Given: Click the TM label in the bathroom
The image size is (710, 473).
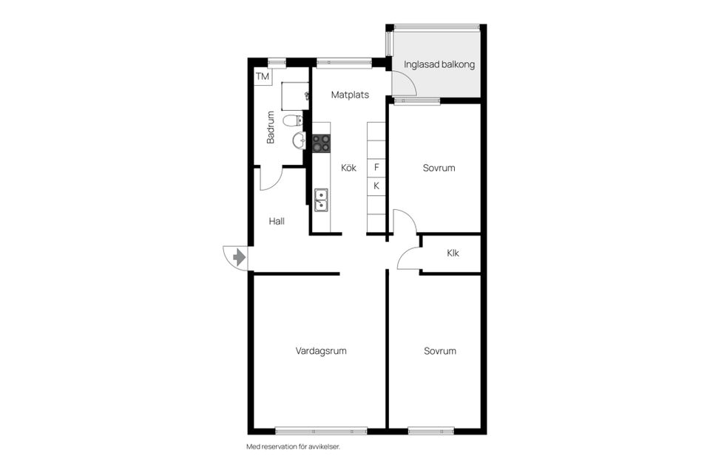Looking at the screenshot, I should pyautogui.click(x=263, y=76).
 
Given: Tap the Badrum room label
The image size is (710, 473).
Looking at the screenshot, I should pyautogui.click(x=271, y=127).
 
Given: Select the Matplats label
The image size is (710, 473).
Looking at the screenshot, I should pyautogui.click(x=350, y=95).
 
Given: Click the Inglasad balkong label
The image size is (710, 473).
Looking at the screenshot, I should pyautogui.click(x=439, y=64).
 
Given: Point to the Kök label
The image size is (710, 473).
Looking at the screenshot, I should pyautogui.click(x=348, y=168).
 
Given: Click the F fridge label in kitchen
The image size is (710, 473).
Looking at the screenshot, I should pyautogui.click(x=376, y=168).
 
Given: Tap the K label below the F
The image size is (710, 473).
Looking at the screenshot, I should pyautogui.click(x=376, y=186).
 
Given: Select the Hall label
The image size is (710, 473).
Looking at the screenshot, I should pyautogui.click(x=277, y=220).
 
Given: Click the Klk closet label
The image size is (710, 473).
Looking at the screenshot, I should pyautogui.click(x=453, y=253).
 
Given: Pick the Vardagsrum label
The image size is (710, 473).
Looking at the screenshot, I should pyautogui.click(x=320, y=351).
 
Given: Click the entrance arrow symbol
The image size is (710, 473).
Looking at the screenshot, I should pyautogui.click(x=238, y=257).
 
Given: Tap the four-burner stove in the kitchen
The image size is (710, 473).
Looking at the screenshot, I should pyautogui.click(x=321, y=143).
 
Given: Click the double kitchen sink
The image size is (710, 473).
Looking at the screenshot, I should pyautogui.click(x=322, y=200).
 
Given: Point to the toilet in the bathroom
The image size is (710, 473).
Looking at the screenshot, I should pyautogui.click(x=295, y=120).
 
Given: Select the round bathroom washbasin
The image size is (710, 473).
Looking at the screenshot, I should pyautogui.click(x=298, y=140).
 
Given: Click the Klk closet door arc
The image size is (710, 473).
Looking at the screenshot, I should pyautogui.click(x=408, y=259).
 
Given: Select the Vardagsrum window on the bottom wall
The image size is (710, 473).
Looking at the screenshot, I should pyautogui.click(x=321, y=430).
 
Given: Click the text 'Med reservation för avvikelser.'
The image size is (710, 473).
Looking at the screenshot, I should pyautogui.click(x=297, y=446).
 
